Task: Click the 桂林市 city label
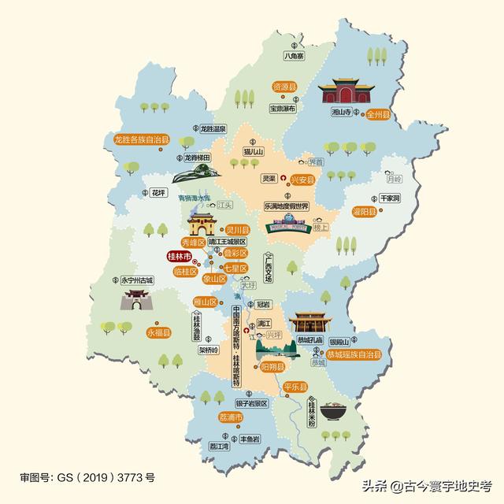pyautogui.click(x=180, y=257)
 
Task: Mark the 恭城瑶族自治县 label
pyautogui.click(x=349, y=355)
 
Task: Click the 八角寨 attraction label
pyautogui.click(x=293, y=56)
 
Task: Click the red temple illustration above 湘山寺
pyautogui.click(x=343, y=93)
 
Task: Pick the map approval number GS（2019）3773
pyautogui.click(x=87, y=477)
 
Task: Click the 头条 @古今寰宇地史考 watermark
pyautogui.click(x=426, y=486)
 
